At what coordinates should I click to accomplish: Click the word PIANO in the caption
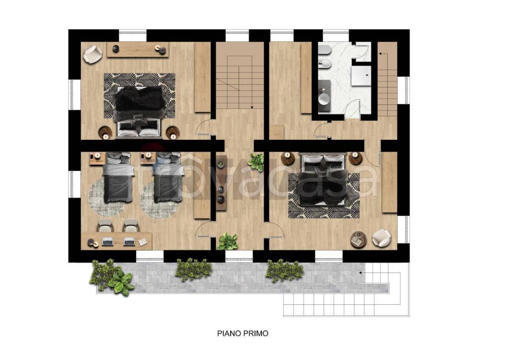click(228, 333)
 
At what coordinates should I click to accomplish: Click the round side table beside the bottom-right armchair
click(358, 240)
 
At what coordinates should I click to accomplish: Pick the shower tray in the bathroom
click(361, 76)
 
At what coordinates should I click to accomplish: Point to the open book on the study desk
click(143, 242)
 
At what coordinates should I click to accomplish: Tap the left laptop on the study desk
click(107, 242)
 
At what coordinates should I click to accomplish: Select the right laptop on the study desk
click(129, 242)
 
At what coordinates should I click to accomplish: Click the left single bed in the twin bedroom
click(118, 178)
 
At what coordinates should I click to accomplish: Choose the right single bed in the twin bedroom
click(168, 178)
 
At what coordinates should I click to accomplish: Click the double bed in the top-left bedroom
click(139, 110)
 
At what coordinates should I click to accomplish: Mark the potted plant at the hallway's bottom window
click(228, 242)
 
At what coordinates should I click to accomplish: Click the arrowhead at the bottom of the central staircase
click(252, 107)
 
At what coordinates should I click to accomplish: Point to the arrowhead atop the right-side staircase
click(381, 53)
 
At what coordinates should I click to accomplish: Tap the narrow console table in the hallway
click(221, 183)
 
